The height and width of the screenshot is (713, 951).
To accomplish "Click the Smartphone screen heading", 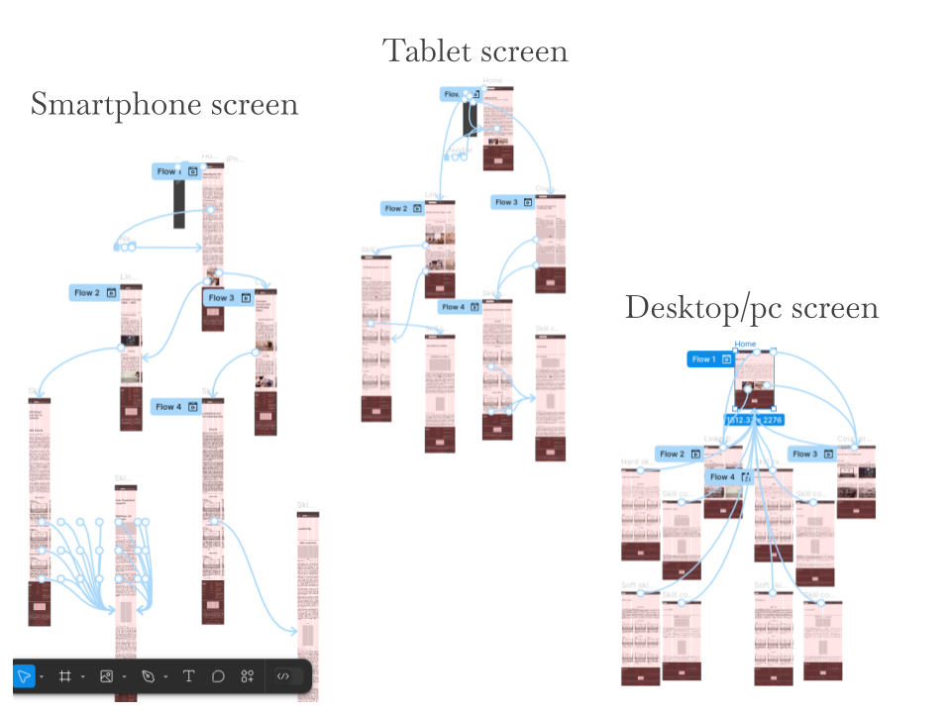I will click(163, 104).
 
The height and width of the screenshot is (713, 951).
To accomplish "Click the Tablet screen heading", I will click(475, 51).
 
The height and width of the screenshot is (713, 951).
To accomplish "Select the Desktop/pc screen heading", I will click(751, 307).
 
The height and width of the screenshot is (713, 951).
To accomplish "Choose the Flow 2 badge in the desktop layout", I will click(679, 454).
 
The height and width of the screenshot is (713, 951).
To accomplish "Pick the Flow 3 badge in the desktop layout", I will click(812, 454).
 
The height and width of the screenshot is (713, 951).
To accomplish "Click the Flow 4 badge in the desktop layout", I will click(729, 476).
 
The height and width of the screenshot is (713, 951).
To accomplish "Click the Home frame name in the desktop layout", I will click(745, 345).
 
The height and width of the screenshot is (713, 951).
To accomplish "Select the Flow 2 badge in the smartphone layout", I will click(94, 293).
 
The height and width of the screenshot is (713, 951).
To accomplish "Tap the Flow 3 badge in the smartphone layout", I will click(228, 297).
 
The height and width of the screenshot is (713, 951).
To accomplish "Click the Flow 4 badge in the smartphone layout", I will click(175, 406).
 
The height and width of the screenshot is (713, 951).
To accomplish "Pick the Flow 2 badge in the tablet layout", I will click(403, 209).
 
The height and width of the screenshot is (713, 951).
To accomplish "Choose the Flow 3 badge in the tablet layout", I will click(513, 202).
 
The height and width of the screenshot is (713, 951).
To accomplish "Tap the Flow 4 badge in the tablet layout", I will click(460, 307).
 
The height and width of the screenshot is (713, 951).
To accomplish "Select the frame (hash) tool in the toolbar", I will click(65, 676).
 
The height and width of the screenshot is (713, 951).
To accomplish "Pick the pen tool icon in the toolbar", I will click(148, 676).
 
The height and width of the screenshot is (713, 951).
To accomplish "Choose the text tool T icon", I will click(188, 676).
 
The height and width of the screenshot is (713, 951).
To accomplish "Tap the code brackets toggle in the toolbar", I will click(283, 676).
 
